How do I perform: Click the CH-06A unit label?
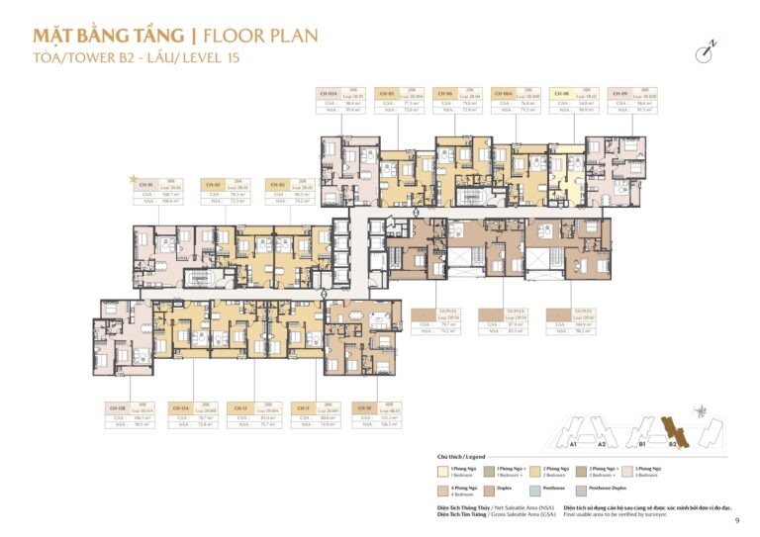[x=518, y=91]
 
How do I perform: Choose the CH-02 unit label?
[x=213, y=184]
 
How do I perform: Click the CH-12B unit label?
[x=116, y=407]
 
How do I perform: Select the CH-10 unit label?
[x=363, y=407]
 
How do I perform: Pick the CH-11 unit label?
[x=302, y=407]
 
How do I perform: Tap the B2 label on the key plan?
[x=672, y=444]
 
